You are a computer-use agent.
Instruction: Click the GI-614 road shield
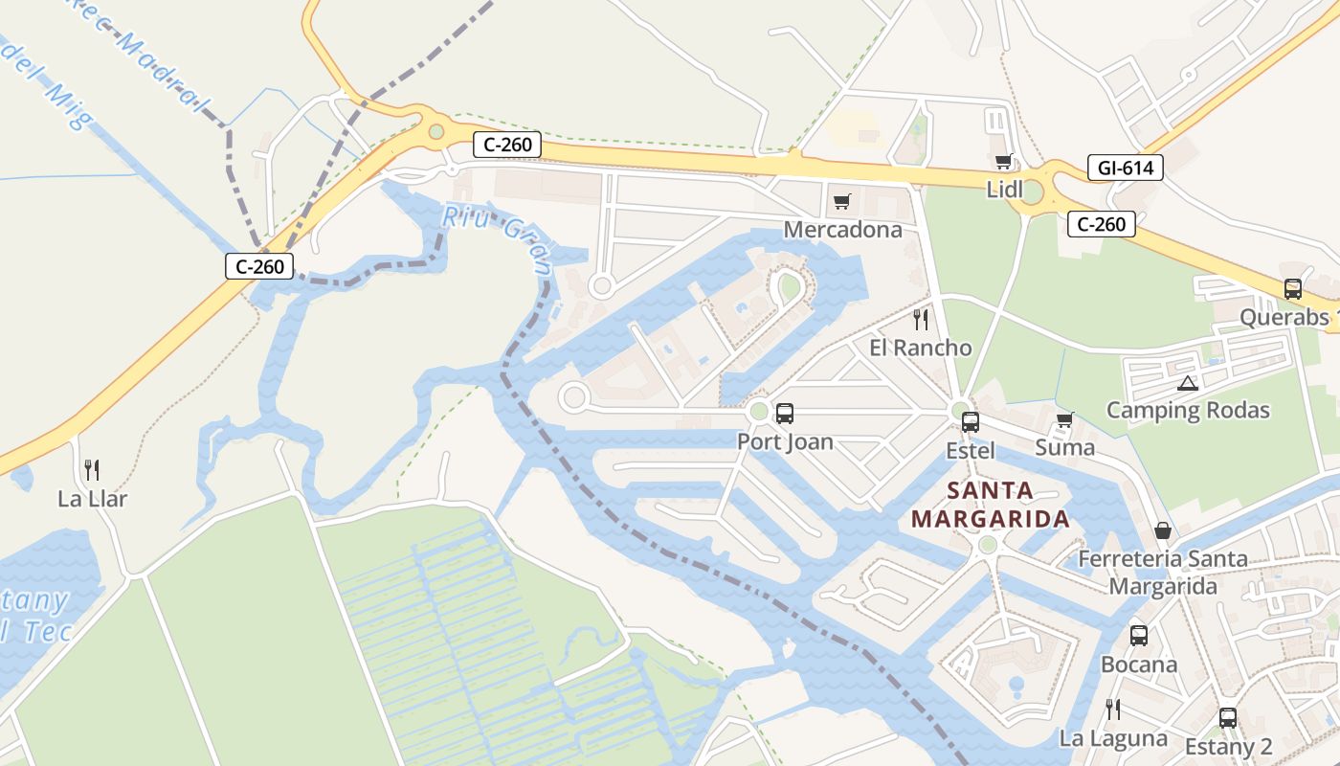point(1125,169)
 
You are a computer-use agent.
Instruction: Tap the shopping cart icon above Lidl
point(1003,161)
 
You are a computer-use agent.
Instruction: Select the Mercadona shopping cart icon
point(842,201)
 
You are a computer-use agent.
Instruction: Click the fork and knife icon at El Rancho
point(921,319)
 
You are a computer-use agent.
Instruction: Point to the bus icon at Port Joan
point(785,414)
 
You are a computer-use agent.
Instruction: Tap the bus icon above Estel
point(970,421)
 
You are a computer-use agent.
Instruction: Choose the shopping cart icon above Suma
point(1064,419)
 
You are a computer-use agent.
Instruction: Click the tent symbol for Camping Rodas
point(1188,383)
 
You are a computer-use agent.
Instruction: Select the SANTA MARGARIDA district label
point(990,505)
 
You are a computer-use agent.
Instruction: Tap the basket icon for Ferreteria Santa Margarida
point(1163,529)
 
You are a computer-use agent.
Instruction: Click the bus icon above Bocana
point(1138,635)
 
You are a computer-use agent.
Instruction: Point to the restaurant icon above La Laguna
point(1112,710)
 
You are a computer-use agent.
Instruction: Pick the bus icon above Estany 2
point(1228,717)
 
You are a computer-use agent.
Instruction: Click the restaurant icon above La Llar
point(92,469)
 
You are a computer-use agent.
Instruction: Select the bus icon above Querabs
point(1293,288)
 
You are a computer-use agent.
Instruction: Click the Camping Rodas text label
point(1188,411)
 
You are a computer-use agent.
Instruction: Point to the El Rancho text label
point(921,348)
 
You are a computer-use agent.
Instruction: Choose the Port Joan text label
point(785,441)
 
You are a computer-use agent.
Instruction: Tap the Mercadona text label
point(842,230)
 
